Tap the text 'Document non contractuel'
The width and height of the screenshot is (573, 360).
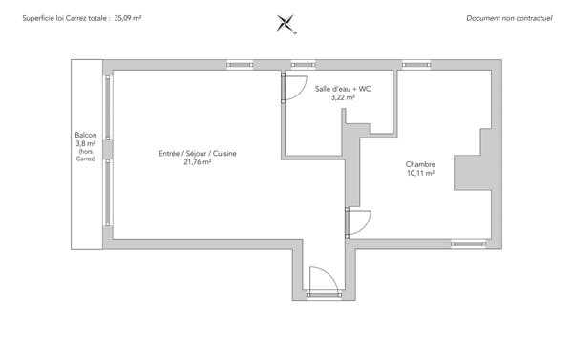(x=510, y=18)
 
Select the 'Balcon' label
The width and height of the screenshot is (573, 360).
(x=86, y=135)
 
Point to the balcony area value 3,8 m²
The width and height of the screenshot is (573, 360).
(x=86, y=143)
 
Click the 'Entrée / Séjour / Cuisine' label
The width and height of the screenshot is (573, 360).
(x=197, y=154)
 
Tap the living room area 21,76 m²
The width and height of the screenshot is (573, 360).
(x=197, y=162)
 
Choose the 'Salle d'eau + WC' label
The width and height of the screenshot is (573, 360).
(x=342, y=88)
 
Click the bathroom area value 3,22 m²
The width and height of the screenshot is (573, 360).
(x=342, y=96)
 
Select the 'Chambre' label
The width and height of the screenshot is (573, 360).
(x=420, y=164)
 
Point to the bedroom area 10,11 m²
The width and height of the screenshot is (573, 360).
(x=420, y=174)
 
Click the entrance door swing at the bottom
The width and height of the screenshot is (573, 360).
(x=320, y=279)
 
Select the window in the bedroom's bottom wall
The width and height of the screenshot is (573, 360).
(x=468, y=244)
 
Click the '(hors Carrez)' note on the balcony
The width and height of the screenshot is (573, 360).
(x=86, y=156)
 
